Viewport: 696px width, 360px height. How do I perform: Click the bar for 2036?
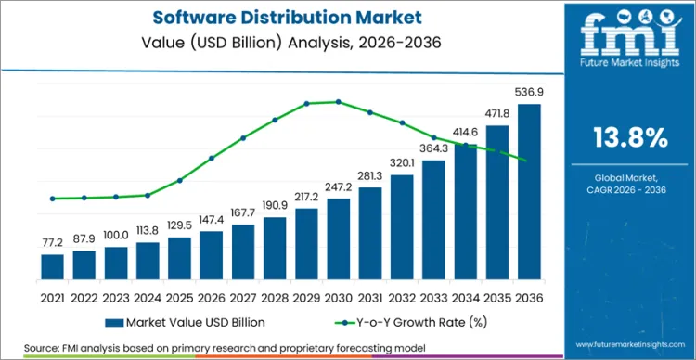pos(528,191)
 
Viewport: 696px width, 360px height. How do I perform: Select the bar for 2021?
pos(53,266)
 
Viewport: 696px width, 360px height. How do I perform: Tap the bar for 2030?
pos(338,238)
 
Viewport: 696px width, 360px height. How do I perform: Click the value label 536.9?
pos(527,93)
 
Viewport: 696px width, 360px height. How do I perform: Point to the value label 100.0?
pos(116,237)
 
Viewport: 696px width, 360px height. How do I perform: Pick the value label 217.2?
pos(306,198)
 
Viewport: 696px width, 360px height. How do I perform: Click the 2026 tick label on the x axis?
pos(212,297)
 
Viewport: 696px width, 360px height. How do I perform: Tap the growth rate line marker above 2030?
pos(338,102)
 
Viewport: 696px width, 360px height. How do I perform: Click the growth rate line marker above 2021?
pos(53,199)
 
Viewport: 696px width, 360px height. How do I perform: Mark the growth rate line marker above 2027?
pos(243,138)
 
